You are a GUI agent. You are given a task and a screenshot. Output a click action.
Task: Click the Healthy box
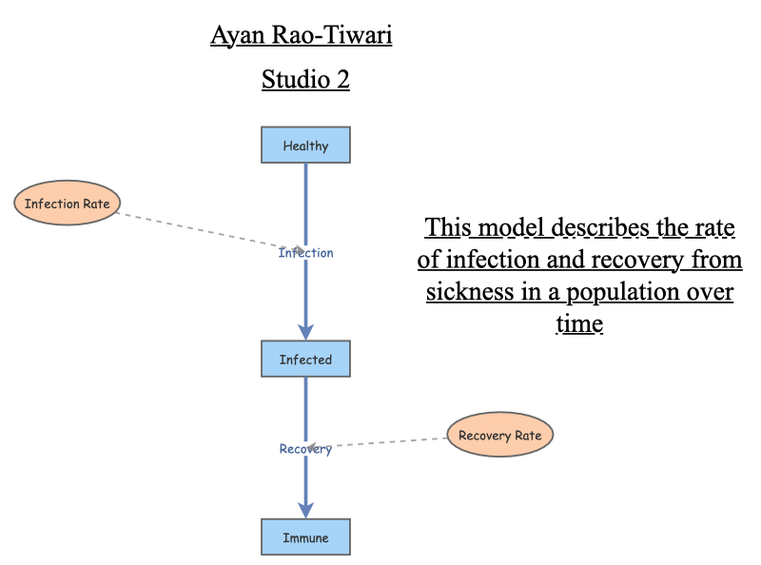click(x=305, y=146)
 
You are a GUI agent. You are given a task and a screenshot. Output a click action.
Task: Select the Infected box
click(x=305, y=360)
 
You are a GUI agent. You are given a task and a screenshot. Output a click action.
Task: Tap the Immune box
click(x=305, y=537)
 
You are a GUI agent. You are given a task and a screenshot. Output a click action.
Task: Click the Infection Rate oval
click(x=68, y=204)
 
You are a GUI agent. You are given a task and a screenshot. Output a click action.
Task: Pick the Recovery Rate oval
click(x=499, y=436)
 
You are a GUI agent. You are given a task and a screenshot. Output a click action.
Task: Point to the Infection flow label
click(x=305, y=253)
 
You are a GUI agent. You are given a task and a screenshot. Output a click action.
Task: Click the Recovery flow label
click(x=305, y=449)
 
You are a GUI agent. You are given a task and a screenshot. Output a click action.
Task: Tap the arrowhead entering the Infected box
click(x=305, y=331)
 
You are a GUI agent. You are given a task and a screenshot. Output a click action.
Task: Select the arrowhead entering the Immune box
click(x=305, y=509)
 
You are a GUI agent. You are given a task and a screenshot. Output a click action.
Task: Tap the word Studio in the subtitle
click(x=289, y=80)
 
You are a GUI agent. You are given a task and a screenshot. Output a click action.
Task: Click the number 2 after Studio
click(x=341, y=80)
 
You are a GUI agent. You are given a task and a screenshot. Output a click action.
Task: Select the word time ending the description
click(x=578, y=323)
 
